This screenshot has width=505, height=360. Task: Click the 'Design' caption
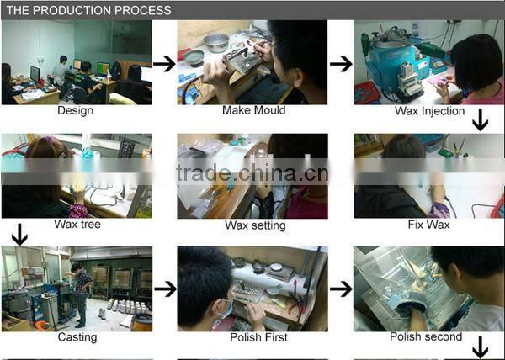[x=76, y=110]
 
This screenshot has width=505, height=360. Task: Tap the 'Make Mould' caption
[x=254, y=110]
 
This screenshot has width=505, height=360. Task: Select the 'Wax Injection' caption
[x=429, y=111]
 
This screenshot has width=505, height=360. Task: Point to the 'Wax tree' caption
[x=77, y=224]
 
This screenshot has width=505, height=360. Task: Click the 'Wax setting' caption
[x=255, y=225]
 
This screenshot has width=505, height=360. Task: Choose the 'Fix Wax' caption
[x=428, y=225]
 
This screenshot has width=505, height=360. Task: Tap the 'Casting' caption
[x=77, y=337]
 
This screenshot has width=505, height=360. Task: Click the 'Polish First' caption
[x=258, y=337]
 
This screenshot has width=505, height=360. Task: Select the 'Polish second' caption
[x=426, y=336]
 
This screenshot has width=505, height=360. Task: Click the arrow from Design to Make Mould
[x=164, y=64]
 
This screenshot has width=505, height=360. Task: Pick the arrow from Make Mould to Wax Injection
[x=341, y=64]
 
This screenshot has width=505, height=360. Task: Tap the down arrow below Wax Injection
[x=481, y=120]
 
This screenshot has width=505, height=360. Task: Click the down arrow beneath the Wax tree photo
[x=19, y=235]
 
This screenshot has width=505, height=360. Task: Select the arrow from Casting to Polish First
[x=166, y=289]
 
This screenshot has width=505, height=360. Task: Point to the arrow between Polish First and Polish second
[x=341, y=289]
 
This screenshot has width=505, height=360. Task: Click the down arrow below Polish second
[x=481, y=347]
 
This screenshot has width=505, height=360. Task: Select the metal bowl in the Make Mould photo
[x=216, y=42]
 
